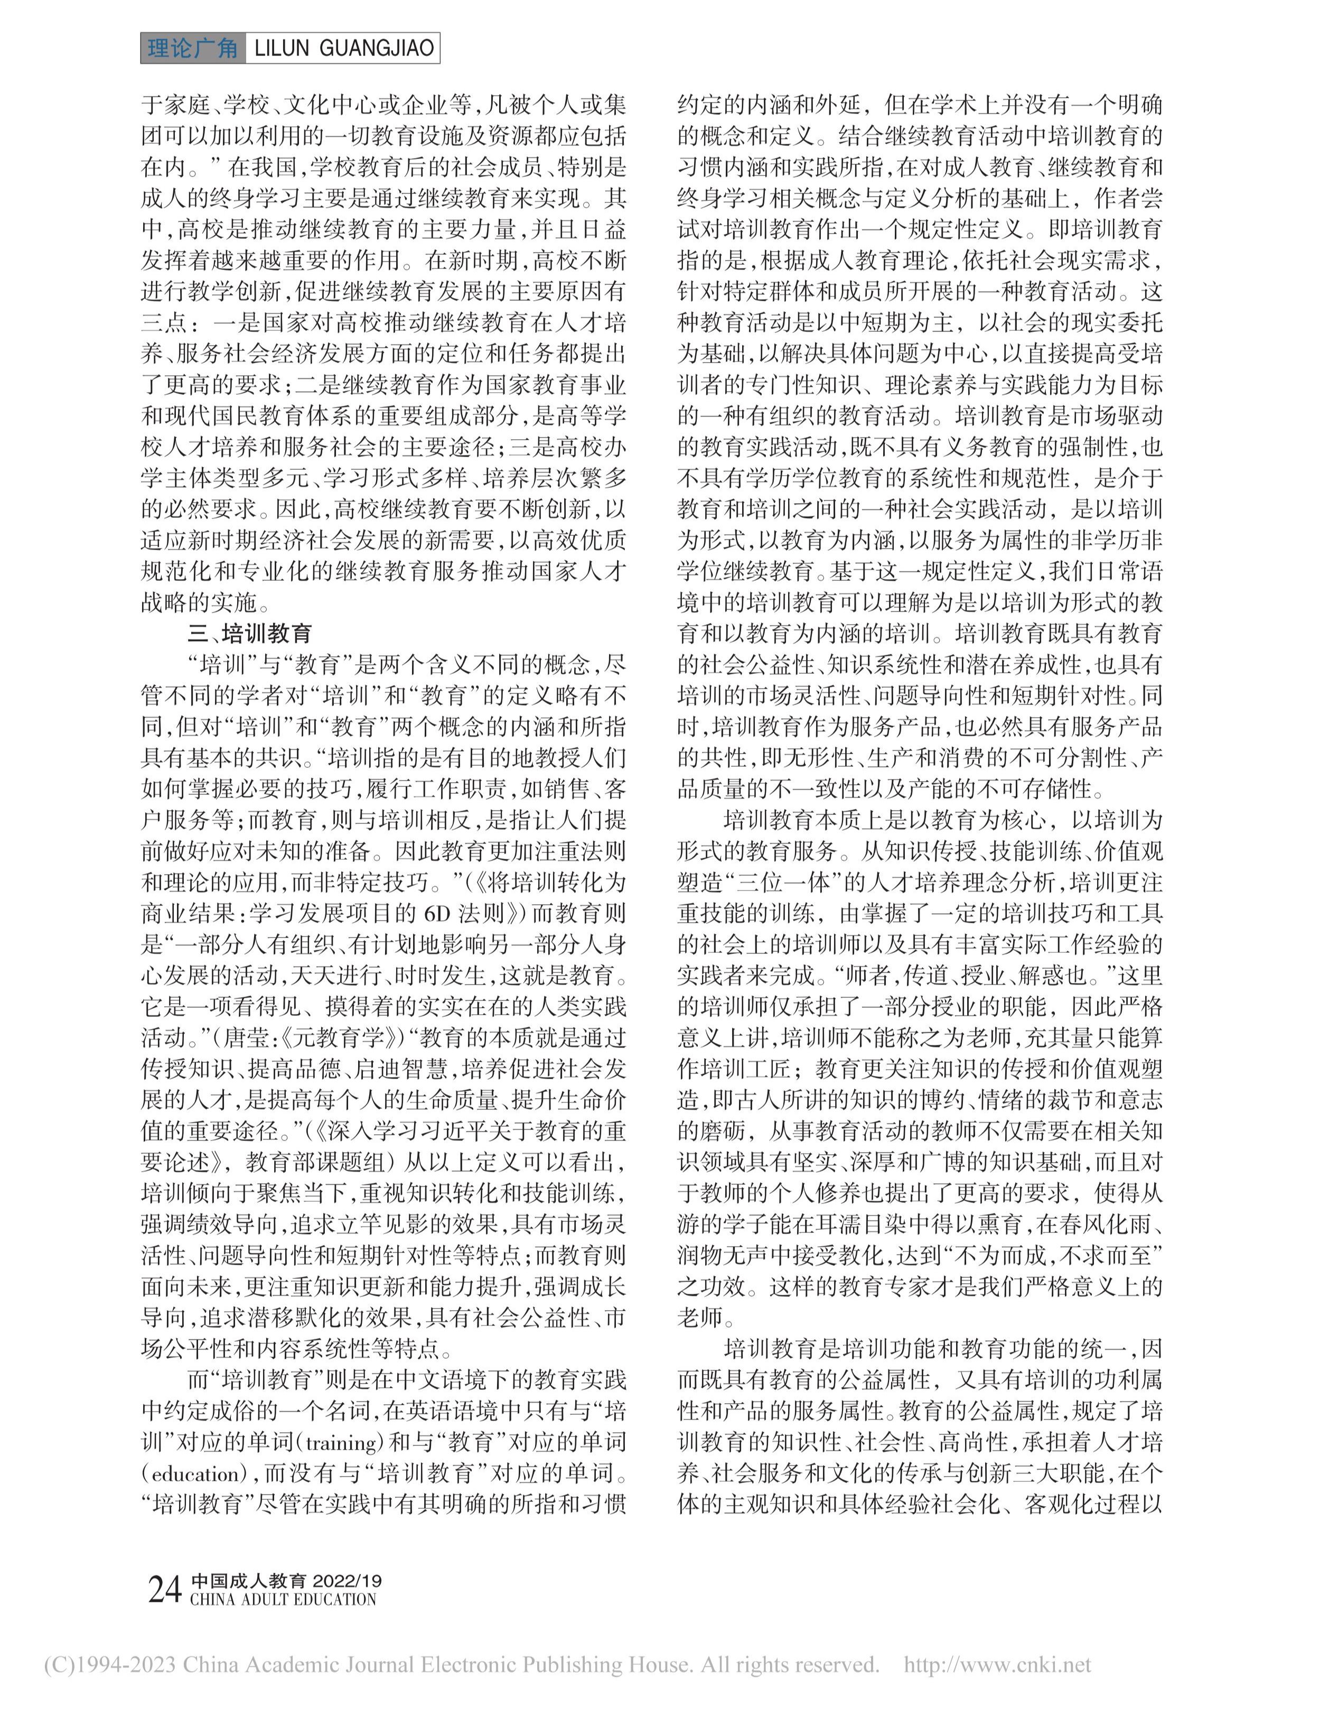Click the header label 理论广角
(192, 49)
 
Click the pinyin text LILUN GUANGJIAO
(343, 49)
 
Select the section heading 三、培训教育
(250, 633)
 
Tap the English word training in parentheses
(340, 1443)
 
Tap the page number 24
(165, 1590)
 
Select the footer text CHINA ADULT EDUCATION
(283, 1600)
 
